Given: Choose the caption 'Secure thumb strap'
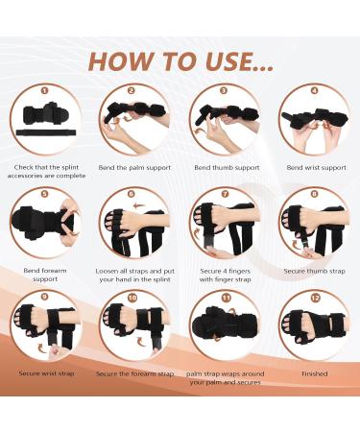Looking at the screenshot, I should pos(313,271).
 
